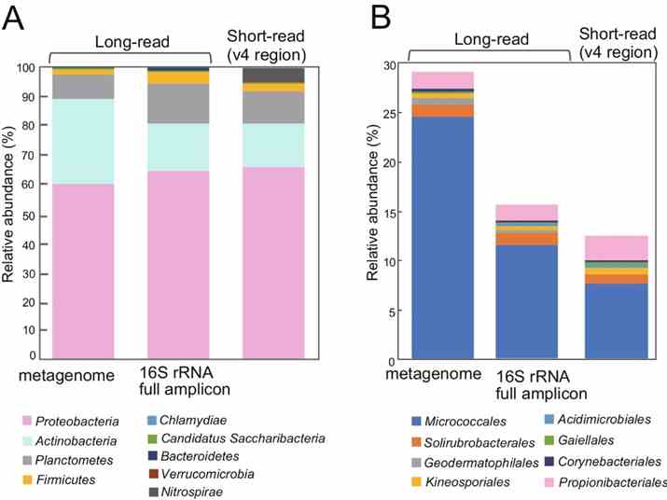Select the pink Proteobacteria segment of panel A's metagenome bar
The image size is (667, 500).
point(83,271)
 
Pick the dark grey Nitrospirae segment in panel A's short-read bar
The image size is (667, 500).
point(272,75)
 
